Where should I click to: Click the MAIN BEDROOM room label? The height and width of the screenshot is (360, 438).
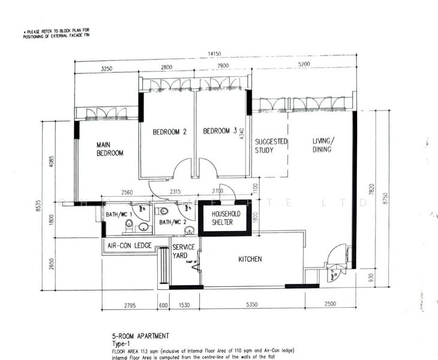[110, 149]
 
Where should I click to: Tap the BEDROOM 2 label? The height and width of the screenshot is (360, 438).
[169, 132]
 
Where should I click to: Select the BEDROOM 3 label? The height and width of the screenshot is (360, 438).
[220, 132]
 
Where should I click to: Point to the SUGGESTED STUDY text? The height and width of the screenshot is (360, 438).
[271, 146]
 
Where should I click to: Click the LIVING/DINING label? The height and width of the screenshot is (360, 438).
[322, 145]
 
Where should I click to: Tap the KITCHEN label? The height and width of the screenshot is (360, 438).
[250, 259]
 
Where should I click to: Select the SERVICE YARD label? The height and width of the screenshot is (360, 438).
[182, 251]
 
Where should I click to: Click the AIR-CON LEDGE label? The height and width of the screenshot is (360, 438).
[129, 245]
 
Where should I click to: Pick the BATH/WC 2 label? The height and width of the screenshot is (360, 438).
[172, 221]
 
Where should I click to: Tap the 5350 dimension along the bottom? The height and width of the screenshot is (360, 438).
[251, 305]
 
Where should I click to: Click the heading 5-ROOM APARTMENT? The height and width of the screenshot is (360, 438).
[140, 336]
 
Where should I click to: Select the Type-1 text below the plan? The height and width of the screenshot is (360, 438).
[121, 344]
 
